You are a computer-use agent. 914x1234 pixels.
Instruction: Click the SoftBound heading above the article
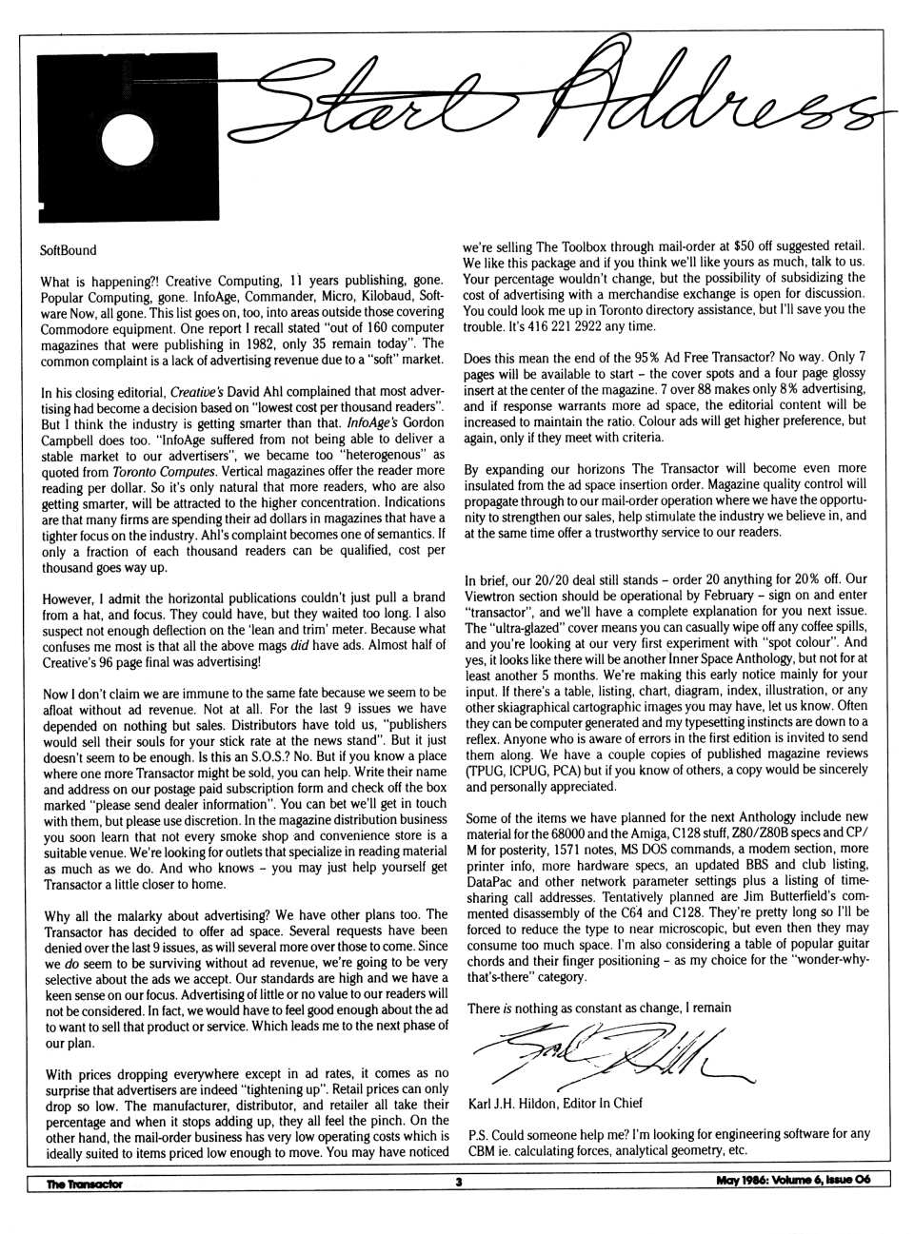click(70, 251)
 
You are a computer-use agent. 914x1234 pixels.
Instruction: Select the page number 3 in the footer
click(458, 1183)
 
